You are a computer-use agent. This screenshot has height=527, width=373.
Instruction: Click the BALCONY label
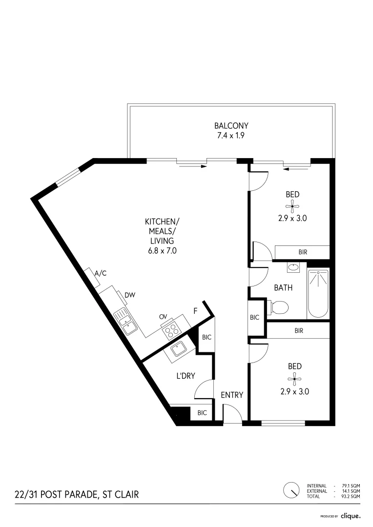(231, 126)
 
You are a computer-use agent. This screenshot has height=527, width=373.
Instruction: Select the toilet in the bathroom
(278, 307)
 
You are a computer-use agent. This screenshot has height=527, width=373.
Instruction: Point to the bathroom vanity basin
(293, 267)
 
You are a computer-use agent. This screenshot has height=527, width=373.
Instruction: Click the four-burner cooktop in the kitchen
(171, 329)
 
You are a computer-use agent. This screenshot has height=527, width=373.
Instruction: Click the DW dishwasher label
(130, 295)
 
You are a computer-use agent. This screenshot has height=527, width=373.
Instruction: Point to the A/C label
(101, 273)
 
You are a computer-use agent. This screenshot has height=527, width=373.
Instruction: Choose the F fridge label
(195, 311)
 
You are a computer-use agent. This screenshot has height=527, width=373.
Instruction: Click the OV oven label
(163, 317)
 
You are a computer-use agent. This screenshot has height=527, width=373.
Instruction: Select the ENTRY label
(232, 395)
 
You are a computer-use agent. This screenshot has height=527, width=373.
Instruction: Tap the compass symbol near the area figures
(291, 490)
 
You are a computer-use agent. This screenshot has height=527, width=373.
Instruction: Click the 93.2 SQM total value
(351, 496)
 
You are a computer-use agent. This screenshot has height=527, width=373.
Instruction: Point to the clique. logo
(351, 516)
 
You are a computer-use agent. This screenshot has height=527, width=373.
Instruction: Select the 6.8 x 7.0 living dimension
(163, 250)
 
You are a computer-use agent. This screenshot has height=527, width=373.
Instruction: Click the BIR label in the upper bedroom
(303, 252)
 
